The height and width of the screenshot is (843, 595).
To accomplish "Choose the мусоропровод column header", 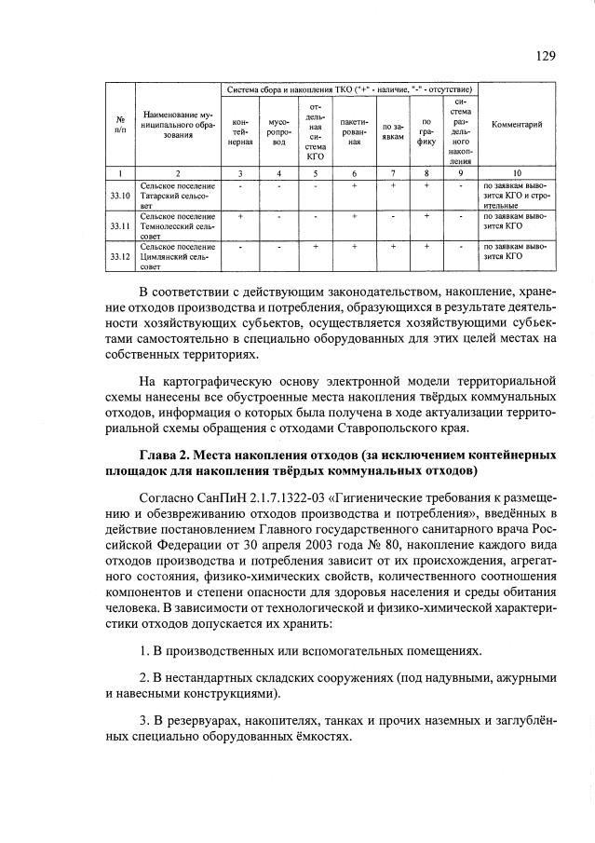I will tap(279, 130).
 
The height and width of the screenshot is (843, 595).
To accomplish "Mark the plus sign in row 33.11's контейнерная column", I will tap(241, 217).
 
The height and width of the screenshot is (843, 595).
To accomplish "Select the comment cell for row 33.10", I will tap(517, 196).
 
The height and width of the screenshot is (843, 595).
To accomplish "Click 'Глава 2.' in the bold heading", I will tap(167, 455).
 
